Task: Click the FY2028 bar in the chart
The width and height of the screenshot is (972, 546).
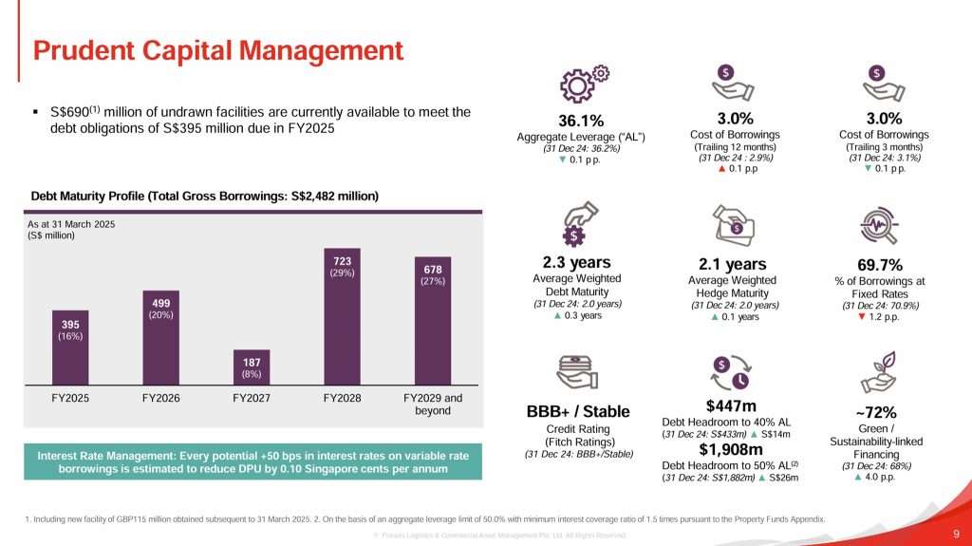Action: point(343,318)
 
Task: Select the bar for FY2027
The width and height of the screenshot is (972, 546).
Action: point(252,365)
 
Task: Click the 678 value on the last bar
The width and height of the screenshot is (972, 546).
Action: point(432,268)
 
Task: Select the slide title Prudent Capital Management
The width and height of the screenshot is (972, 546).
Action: point(218,49)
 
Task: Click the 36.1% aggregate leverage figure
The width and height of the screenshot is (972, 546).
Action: point(581,121)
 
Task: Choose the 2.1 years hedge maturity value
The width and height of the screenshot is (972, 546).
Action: point(732,264)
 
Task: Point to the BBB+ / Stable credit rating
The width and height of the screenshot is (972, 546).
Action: point(578,411)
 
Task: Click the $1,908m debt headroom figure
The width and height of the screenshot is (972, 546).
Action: point(732,449)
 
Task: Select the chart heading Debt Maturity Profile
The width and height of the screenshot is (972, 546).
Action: point(205,196)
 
